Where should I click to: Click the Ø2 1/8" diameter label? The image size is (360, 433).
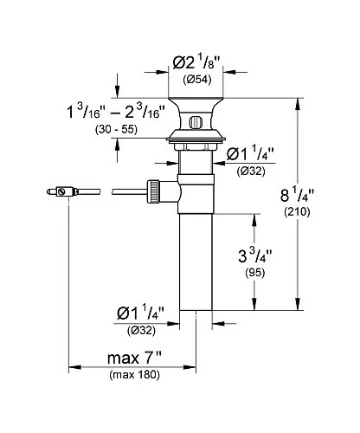[x=196, y=62]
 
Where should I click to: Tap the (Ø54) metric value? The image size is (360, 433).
[x=197, y=80]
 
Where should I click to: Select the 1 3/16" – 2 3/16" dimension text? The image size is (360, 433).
[x=116, y=112]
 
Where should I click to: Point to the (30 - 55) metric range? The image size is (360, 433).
[x=116, y=130]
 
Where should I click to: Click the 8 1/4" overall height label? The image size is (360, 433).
[x=297, y=195]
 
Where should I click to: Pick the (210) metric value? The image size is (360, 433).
[x=297, y=212]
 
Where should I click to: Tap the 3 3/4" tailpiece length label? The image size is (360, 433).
[x=255, y=255]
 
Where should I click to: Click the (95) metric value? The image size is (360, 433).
[x=255, y=273]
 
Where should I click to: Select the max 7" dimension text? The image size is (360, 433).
[x=134, y=359]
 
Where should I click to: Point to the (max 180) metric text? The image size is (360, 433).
[x=134, y=375]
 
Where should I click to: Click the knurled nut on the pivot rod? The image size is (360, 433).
[x=153, y=191]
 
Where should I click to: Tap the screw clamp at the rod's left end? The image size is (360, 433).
[x=62, y=191]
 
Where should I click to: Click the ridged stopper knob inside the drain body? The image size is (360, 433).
[x=196, y=122]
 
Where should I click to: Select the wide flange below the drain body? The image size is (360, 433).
[x=196, y=139]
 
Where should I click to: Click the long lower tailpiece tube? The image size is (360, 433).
[x=196, y=262]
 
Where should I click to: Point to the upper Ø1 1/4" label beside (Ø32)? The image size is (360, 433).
[x=250, y=154]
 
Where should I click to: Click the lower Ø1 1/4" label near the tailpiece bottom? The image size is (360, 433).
[x=140, y=313]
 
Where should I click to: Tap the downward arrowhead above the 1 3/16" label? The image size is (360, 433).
[x=117, y=92]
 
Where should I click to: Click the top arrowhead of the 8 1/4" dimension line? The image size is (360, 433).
[x=298, y=105]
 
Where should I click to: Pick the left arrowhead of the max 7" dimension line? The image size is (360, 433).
[x=74, y=367]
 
